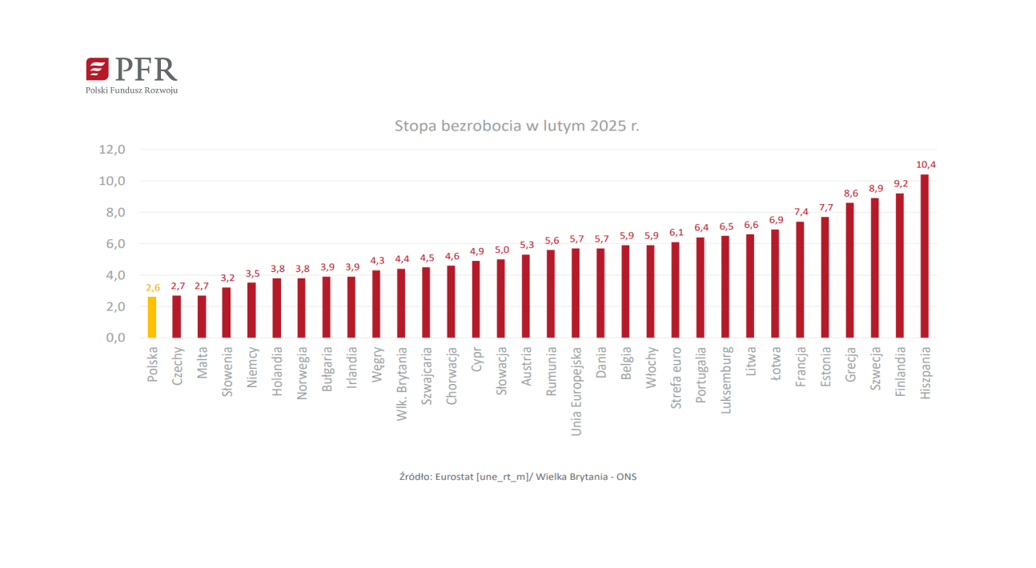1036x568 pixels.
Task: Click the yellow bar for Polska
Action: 152,318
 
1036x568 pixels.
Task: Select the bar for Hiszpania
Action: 925,256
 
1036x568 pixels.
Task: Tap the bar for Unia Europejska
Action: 576,293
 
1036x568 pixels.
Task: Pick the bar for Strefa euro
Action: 675,290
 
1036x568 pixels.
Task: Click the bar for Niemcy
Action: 251,310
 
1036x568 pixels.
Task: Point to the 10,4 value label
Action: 926,165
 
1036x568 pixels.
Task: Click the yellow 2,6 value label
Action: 152,287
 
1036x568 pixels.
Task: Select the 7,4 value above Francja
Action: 801,212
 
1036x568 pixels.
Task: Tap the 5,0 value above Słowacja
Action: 501,250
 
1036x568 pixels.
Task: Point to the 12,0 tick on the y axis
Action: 112,150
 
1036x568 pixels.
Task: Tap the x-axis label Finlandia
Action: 901,373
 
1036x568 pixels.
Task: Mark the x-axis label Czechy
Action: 178,366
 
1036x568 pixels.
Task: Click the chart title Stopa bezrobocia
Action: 516,126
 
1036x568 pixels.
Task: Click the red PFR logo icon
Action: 97,69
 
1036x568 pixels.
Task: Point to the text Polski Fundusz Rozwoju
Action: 131,90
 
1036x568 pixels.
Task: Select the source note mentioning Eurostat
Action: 517,477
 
